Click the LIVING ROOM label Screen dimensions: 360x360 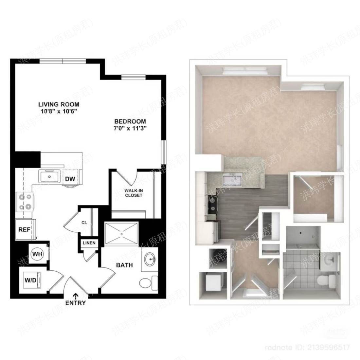[59, 104]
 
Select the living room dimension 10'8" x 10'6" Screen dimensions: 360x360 [59, 111]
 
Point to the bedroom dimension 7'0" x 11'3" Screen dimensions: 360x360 [130, 128]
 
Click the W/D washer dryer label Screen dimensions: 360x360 [30, 280]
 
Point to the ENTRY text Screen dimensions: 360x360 [76, 303]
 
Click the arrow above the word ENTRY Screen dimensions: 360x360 [76, 296]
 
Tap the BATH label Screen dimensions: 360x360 [124, 265]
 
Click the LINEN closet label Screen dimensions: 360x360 [89, 243]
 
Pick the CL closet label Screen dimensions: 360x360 [84, 223]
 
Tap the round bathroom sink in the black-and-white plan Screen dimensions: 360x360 [151, 260]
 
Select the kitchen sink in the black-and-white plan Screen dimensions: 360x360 [50, 177]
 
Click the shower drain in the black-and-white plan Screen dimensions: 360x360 [122, 234]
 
